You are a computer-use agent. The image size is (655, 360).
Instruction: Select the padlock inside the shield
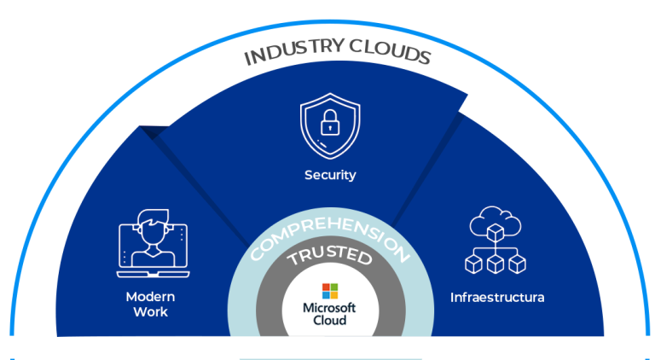[x=330, y=126]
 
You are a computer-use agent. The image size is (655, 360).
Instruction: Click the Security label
[x=330, y=175]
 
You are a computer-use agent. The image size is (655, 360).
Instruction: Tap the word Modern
[x=150, y=297]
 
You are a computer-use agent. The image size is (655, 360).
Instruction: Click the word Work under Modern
[x=150, y=312]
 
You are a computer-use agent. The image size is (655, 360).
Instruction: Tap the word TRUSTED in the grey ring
[x=329, y=258]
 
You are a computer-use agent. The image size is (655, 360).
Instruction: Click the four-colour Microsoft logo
[x=329, y=290]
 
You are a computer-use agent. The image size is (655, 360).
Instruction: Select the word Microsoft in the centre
[x=329, y=307]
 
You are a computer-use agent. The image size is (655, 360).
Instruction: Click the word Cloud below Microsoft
[x=329, y=320]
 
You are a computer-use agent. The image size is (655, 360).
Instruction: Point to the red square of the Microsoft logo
[x=325, y=286]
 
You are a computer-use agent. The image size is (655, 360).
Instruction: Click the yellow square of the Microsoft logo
[x=333, y=294]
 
